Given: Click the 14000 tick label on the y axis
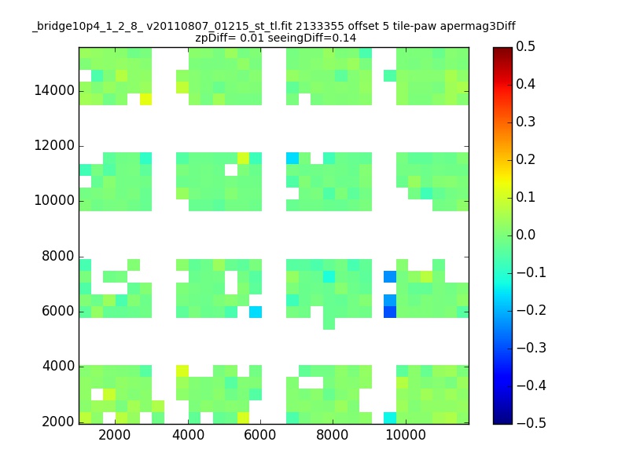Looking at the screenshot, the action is (54, 90).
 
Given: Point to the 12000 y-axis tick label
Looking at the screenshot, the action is (54, 145).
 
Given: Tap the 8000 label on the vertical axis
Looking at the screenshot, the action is (57, 257).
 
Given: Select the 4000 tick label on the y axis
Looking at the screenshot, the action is (58, 366).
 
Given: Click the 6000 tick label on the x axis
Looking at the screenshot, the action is (260, 435).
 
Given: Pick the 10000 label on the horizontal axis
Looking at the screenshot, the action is (406, 435).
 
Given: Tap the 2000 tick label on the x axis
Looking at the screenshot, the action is (114, 435).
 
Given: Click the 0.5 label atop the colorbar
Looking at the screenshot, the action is (525, 46).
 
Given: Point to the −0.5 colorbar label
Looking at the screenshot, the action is (532, 423).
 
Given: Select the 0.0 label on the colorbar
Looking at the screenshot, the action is (525, 235).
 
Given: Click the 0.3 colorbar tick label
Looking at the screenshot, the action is (525, 122).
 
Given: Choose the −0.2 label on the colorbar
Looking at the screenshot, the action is (532, 310).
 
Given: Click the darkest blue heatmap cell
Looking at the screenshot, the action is (390, 312).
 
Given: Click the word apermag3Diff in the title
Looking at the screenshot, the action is (477, 27).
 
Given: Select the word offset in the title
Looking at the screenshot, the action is (363, 27).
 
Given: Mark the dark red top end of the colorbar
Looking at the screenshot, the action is (502, 49).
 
